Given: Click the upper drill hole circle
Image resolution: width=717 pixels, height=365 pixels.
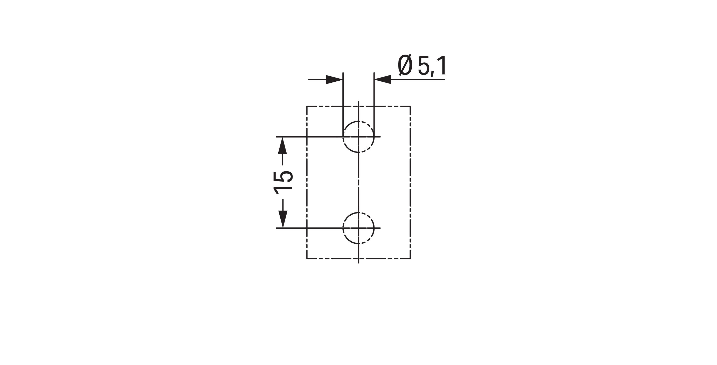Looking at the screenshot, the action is point(343,137).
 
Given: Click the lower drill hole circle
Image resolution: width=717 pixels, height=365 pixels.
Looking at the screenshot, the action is point(343,228).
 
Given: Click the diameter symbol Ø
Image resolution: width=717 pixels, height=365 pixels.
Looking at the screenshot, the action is point(405,66).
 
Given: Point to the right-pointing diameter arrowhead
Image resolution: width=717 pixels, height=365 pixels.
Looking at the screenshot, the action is point(334,79).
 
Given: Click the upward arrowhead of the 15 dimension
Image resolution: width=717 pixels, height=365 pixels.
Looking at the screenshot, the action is point(282,146).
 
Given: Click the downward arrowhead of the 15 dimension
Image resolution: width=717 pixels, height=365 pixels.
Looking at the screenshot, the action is point(282,219).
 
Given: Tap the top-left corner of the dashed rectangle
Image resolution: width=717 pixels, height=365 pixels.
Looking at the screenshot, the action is point(307,106).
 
